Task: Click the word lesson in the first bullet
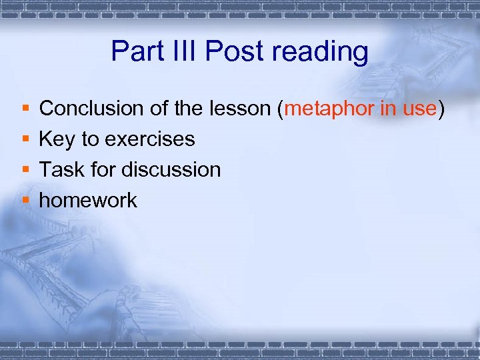click(244, 108)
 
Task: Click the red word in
click(388, 108)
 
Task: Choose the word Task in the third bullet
click(58, 169)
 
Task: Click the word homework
click(88, 200)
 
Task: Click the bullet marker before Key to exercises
click(25, 139)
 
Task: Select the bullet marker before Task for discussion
click(25, 170)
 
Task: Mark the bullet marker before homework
click(25, 201)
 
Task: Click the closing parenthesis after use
click(441, 109)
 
